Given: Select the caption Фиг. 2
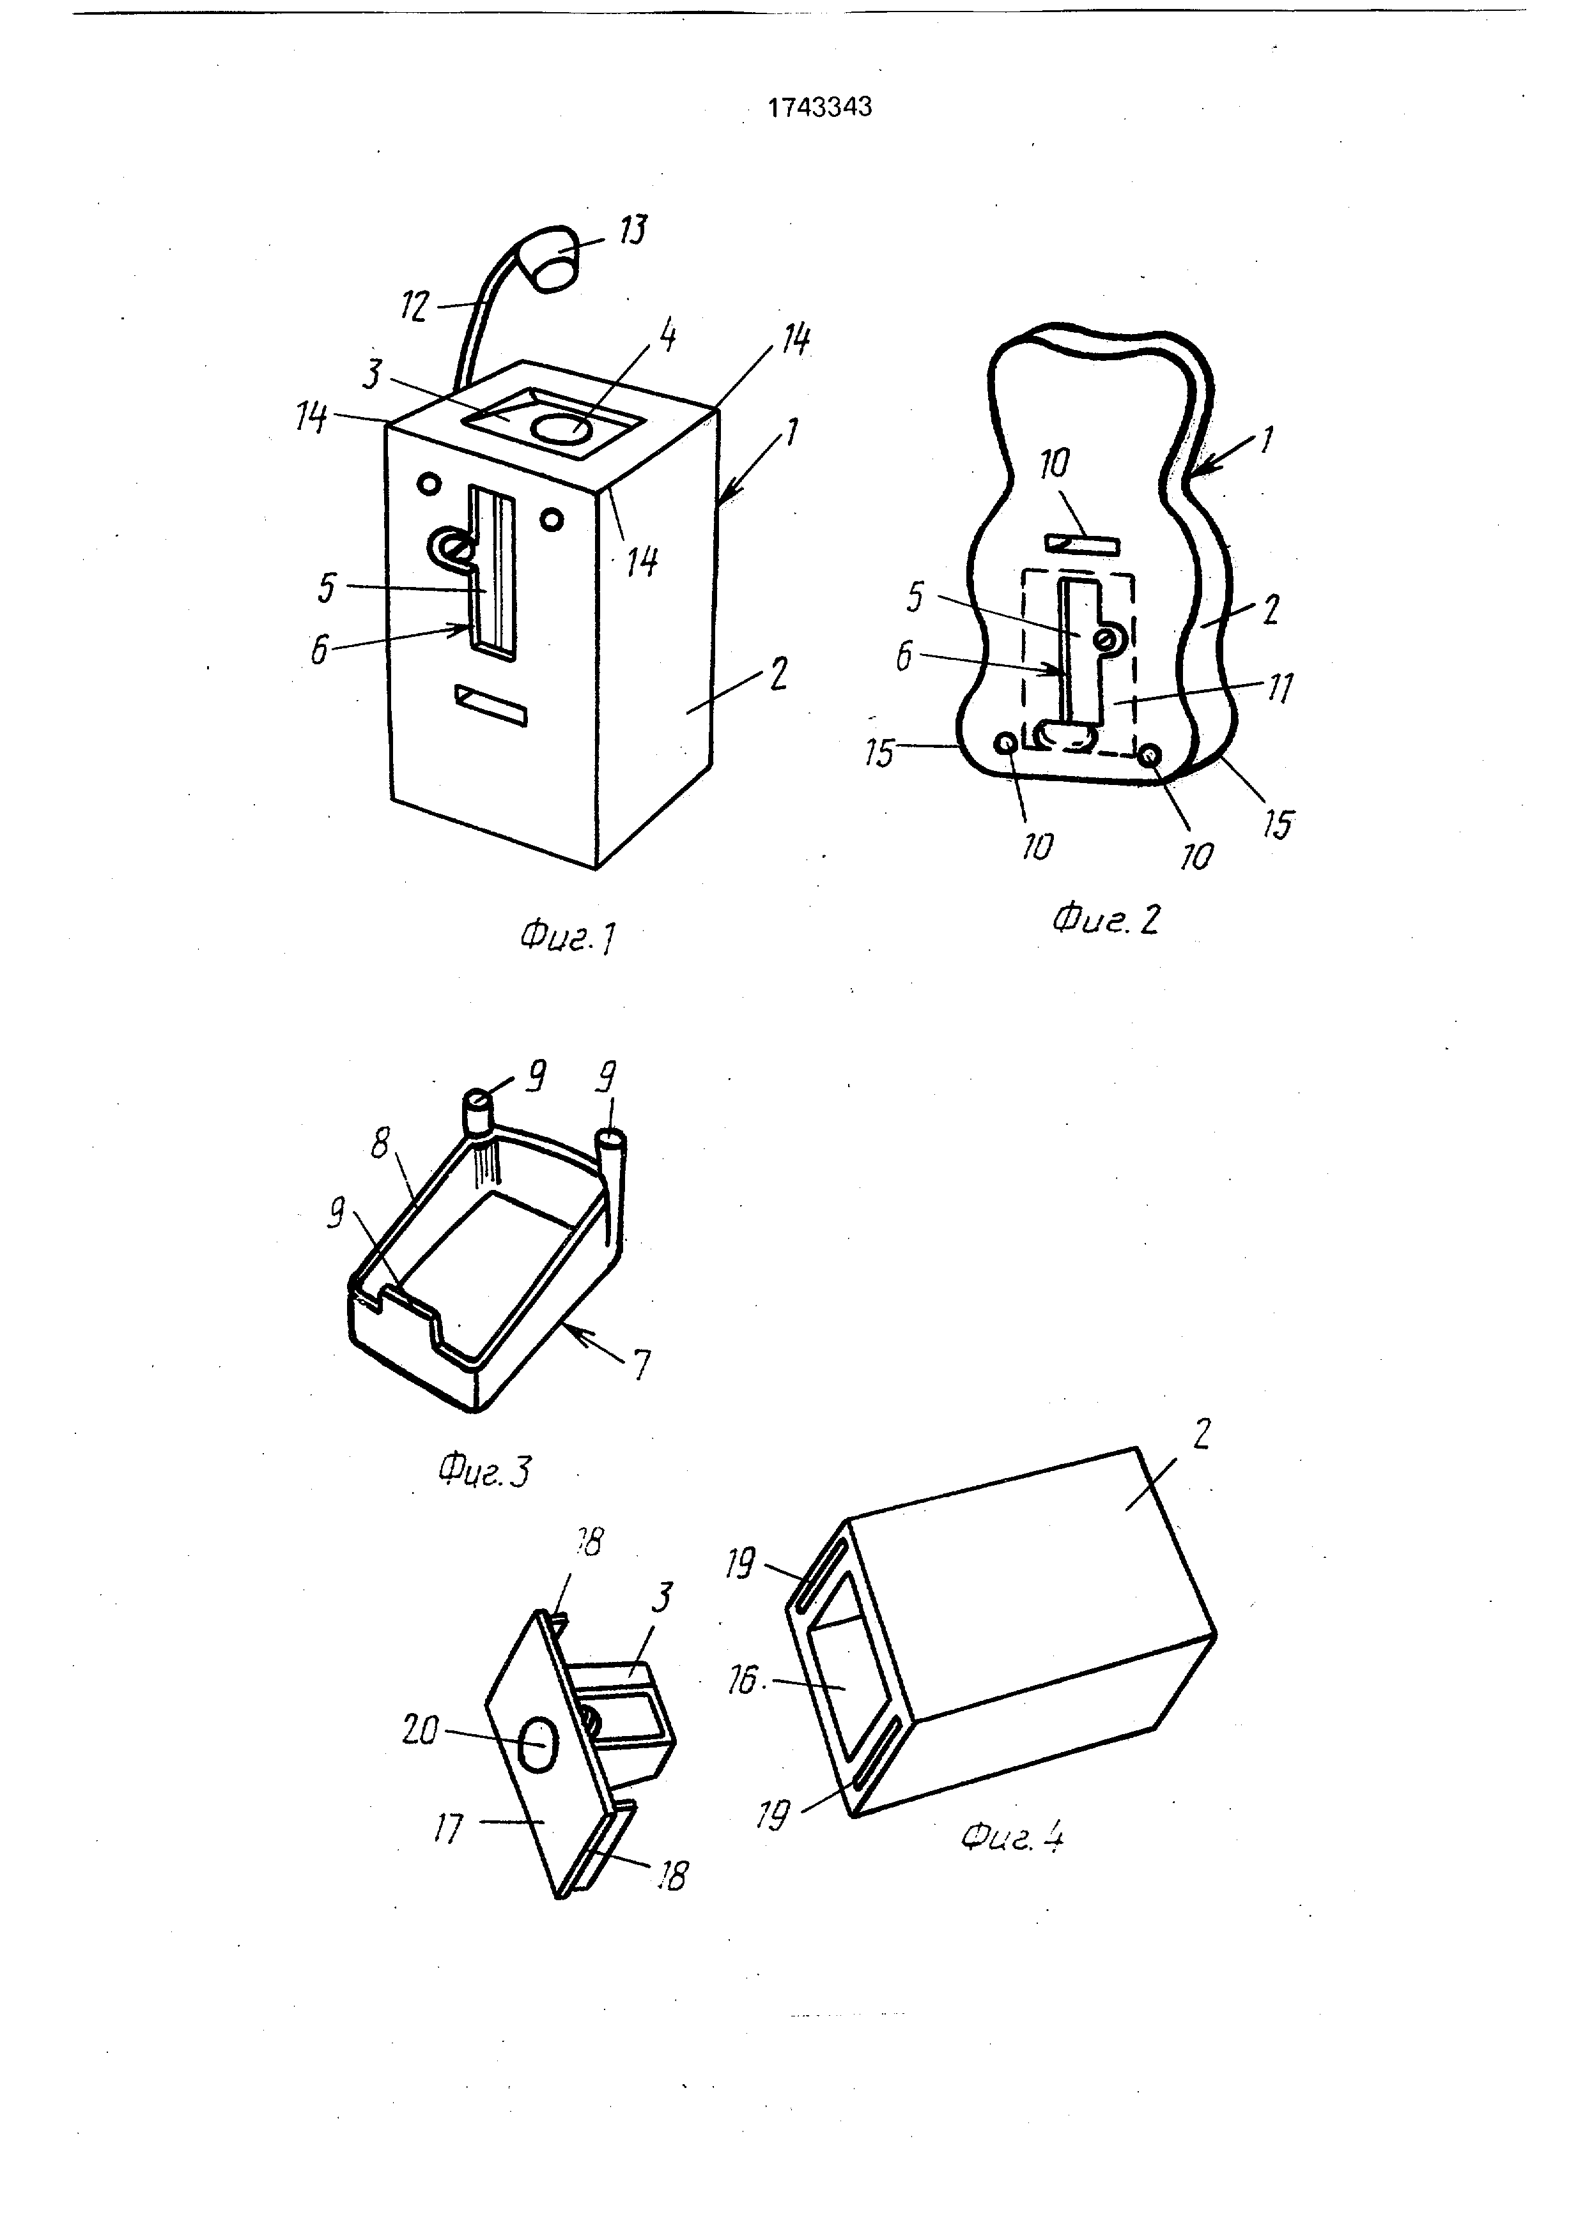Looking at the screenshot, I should (x=1106, y=919).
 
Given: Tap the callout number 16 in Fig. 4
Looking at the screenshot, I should (x=743, y=1680).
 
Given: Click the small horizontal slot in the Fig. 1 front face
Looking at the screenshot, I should (x=491, y=705).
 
